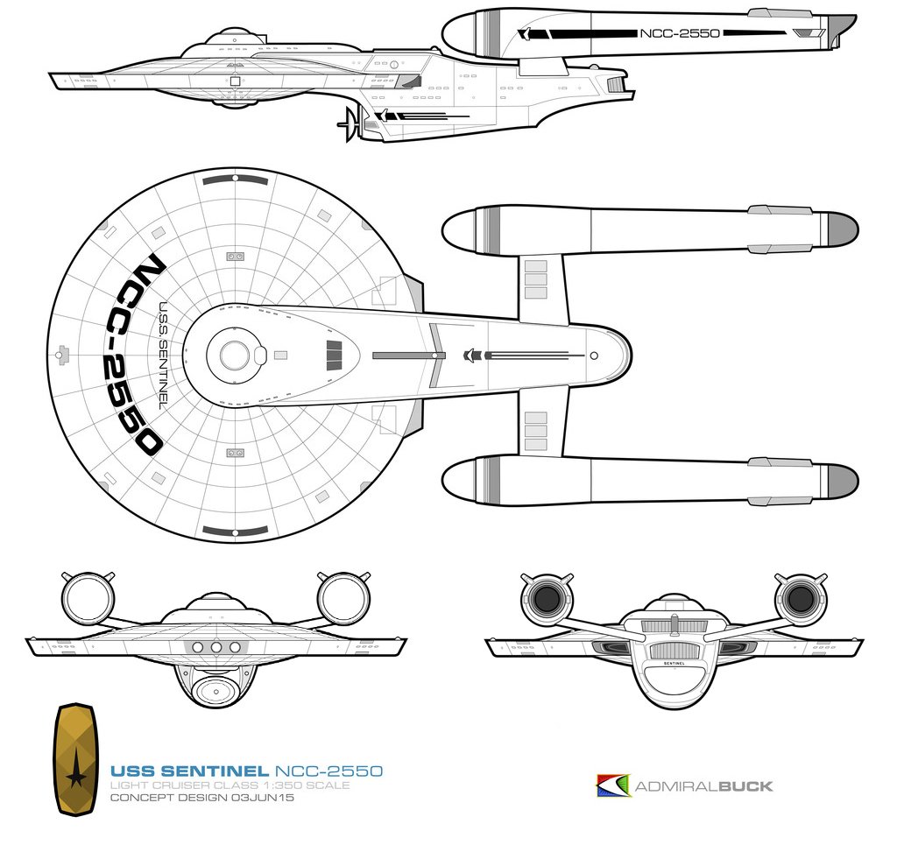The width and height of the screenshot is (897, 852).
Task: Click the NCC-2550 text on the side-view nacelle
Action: click(679, 34)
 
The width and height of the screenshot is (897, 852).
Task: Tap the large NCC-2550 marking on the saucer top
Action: click(131, 356)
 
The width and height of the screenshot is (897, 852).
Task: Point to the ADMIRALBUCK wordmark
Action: click(703, 785)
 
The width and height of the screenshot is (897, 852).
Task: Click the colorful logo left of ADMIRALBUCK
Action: click(612, 785)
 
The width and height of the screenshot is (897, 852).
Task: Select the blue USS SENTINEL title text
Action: click(188, 771)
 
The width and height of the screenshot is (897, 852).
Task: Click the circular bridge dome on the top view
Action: click(234, 356)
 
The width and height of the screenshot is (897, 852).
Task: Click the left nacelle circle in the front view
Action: click(88, 599)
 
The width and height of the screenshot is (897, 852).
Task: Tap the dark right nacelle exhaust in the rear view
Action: click(800, 600)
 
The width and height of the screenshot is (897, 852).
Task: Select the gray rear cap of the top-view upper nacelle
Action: click(842, 230)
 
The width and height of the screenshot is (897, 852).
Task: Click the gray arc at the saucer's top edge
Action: click(235, 180)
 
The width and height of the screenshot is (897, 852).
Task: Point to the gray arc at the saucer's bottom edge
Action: click(235, 531)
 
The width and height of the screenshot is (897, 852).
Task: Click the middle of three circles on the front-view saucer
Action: click(215, 646)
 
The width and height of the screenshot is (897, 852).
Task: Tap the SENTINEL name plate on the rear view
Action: click(674, 665)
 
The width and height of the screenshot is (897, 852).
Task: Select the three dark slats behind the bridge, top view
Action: click(334, 356)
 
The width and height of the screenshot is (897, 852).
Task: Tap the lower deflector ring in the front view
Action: click(215, 690)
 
